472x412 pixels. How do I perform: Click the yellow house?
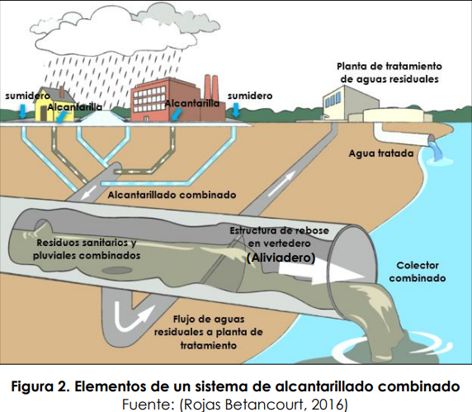[x=54, y=105]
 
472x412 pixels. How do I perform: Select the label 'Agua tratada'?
[x=381, y=154]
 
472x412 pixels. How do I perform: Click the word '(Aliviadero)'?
[x=281, y=258]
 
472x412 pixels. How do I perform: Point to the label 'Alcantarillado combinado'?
[x=172, y=195]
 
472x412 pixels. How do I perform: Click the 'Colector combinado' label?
[x=418, y=272]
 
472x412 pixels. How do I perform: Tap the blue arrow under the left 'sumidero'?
[x=22, y=111]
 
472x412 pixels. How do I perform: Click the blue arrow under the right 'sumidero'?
[x=236, y=110]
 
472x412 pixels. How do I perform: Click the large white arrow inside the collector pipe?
[x=319, y=273]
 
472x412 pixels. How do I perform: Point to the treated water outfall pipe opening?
[x=432, y=140]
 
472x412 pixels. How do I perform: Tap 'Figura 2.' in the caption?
[x=40, y=386]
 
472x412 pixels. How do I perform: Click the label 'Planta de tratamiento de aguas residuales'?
[x=389, y=73]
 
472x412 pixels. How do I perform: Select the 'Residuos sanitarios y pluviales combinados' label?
[x=87, y=249]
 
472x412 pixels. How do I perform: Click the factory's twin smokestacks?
[x=211, y=89]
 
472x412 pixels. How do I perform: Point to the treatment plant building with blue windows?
[x=349, y=104]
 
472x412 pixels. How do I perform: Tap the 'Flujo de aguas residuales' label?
[x=208, y=332]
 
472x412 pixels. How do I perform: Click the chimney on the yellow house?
[x=61, y=91]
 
